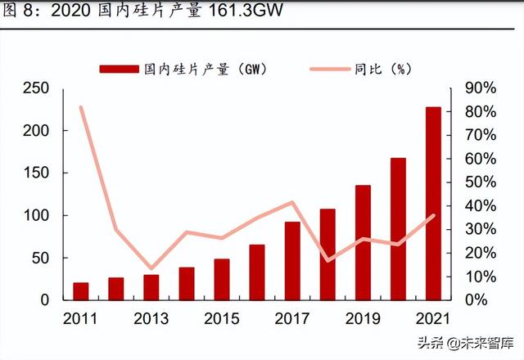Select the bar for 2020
[398, 229]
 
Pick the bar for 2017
[292, 260]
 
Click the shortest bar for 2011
[81, 291]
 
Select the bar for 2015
[222, 279]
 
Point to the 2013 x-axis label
[151, 318]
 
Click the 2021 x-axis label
[433, 318]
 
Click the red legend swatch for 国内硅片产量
[119, 69]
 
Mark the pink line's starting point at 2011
[81, 107]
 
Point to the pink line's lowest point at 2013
[151, 268]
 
